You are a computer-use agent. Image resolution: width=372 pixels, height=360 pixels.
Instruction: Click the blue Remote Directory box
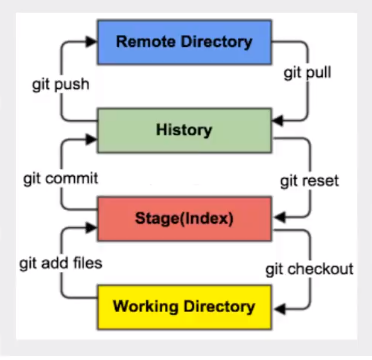[x=186, y=43]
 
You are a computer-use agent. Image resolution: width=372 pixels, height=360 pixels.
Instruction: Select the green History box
[x=184, y=130]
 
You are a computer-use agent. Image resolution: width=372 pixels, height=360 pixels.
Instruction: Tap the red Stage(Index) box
[x=184, y=215]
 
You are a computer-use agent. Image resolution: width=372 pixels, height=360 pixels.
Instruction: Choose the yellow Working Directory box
[x=184, y=302]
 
